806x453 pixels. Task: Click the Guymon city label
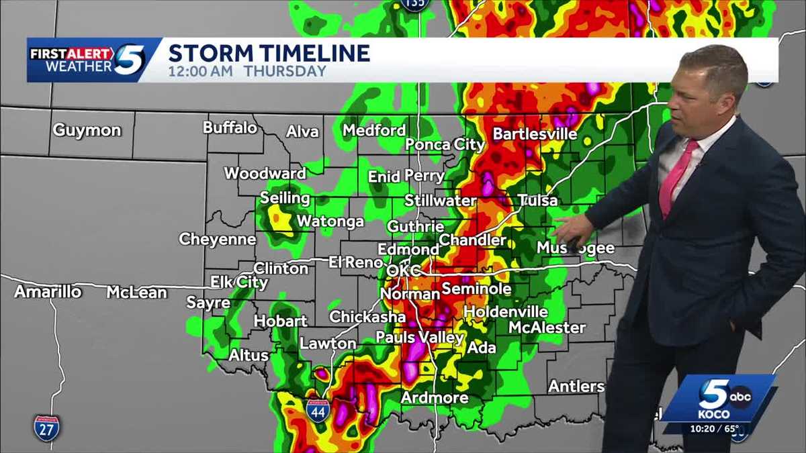[x=87, y=130]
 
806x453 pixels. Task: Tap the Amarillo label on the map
[x=48, y=292]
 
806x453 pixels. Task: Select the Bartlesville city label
[x=535, y=134]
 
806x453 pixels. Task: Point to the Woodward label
[x=265, y=173]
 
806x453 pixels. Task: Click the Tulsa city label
[x=537, y=200]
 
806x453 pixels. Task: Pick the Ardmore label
[x=435, y=398]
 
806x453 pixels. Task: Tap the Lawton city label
[x=328, y=344]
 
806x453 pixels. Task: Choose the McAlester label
[x=547, y=328]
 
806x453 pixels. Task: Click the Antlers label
[x=576, y=387]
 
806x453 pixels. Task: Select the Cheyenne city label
[x=217, y=239]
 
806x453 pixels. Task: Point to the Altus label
[x=249, y=355]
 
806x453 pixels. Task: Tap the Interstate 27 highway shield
[x=46, y=426]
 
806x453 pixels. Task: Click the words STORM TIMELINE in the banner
[x=269, y=53]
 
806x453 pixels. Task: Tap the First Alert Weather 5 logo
[x=87, y=60]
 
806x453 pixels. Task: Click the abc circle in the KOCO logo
[x=740, y=396]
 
